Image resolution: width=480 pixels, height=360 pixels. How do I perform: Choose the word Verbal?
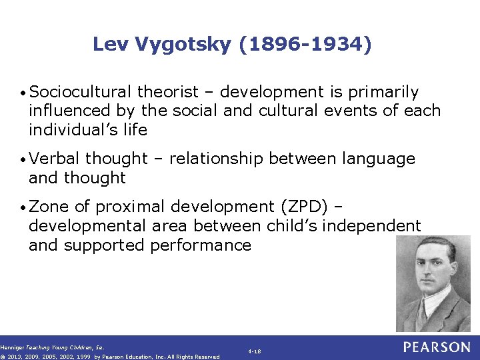pyautogui.click(x=55, y=159)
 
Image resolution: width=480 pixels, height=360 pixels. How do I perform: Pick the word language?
pyautogui.click(x=379, y=159)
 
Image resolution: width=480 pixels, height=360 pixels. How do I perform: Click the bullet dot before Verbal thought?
pyautogui.click(x=24, y=159)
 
